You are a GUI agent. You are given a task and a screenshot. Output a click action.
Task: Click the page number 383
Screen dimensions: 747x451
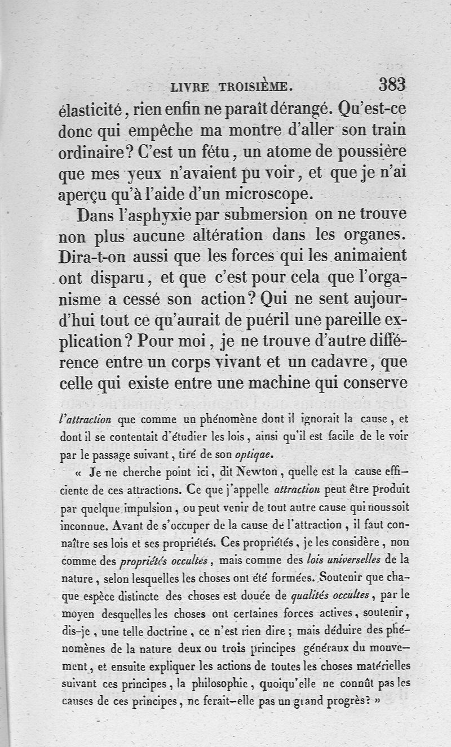(392, 85)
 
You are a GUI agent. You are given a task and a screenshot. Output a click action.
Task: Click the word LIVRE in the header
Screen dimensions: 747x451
(189, 87)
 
